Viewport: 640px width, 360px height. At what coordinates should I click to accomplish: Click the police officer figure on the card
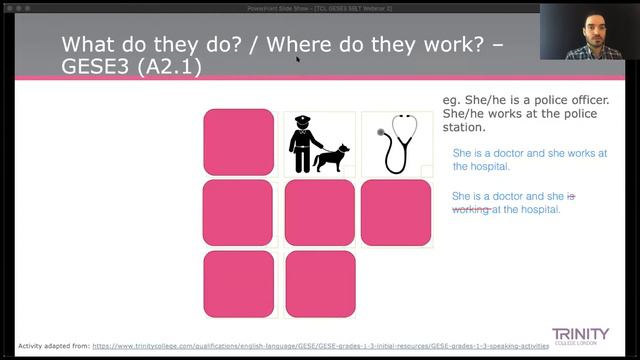click(302, 142)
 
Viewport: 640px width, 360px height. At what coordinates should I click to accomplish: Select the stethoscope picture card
click(396, 143)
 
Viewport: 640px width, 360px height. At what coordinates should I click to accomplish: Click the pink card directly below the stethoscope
click(396, 212)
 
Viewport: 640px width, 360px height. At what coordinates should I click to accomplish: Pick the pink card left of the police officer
click(238, 142)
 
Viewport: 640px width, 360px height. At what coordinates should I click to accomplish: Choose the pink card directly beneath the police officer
click(319, 212)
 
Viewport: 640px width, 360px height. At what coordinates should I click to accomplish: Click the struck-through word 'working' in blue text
click(470, 209)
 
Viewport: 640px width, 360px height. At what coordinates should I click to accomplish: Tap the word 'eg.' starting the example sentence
click(451, 100)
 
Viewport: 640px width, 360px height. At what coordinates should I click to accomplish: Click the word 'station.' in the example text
click(464, 127)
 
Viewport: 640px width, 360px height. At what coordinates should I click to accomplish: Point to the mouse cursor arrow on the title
click(298, 58)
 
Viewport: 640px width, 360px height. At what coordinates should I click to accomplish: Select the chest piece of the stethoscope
click(380, 131)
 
